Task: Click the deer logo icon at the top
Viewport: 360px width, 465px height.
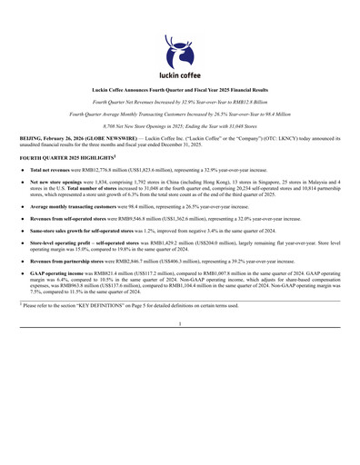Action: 179,48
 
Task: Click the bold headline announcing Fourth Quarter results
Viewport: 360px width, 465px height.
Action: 179,93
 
